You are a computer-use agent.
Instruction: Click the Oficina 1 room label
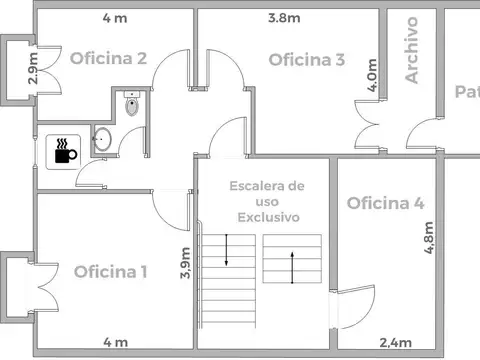[x=110, y=271]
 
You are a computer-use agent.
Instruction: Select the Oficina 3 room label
[x=307, y=60]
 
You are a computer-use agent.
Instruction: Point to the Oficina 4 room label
[x=385, y=204]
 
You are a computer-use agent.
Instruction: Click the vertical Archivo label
[x=411, y=50]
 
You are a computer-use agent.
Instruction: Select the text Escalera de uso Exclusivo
[x=266, y=201]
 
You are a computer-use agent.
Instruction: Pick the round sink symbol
[x=101, y=141]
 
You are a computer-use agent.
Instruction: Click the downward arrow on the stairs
[x=226, y=250]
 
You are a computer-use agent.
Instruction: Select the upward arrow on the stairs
[x=291, y=266]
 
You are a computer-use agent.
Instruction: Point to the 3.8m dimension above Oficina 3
[x=284, y=17]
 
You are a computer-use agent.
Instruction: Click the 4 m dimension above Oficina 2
[x=114, y=17]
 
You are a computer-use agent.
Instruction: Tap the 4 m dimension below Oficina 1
[x=115, y=342]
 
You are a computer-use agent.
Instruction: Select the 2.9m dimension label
[x=34, y=68]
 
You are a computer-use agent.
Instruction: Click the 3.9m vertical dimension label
[x=185, y=264]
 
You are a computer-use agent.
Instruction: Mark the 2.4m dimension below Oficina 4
[x=396, y=342]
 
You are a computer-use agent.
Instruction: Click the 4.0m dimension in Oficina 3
[x=372, y=76]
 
